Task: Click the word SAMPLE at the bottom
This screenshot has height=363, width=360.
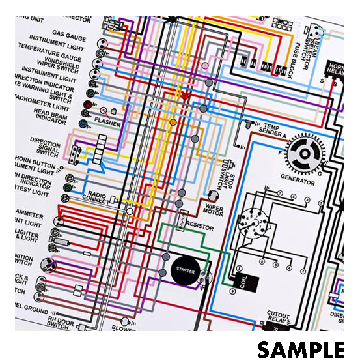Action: point(300,349)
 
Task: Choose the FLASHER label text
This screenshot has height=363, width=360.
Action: point(107,122)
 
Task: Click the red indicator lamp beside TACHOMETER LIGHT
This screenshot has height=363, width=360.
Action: point(87,104)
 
